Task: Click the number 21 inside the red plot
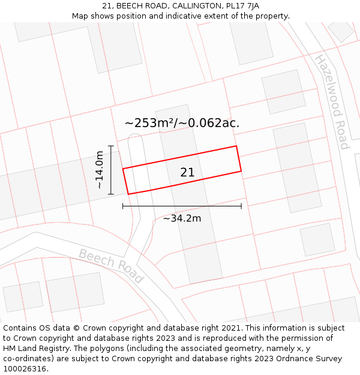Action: tap(187, 173)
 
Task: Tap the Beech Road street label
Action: tap(111, 266)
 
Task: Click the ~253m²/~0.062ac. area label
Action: tap(182, 123)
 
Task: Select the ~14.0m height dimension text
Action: tap(99, 170)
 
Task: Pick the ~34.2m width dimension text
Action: tap(182, 218)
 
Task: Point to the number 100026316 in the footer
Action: tap(25, 369)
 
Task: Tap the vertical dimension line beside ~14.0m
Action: tap(111, 170)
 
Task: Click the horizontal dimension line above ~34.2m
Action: tap(182, 206)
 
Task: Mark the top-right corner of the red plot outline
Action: tap(236, 146)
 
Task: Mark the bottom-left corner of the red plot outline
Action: tap(128, 194)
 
